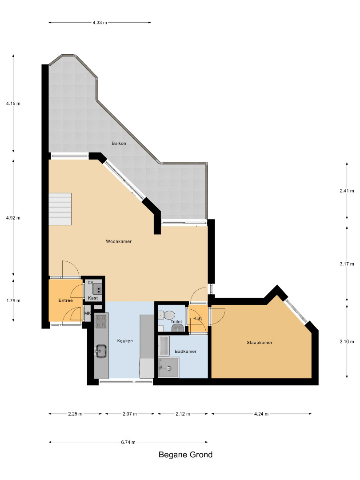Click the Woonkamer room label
[119, 241]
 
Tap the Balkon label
[119, 143]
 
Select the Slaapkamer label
[260, 343]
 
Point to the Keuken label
[125, 341]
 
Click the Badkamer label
[185, 352]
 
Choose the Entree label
[65, 300]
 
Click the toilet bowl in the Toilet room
[167, 315]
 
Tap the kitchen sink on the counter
[101, 351]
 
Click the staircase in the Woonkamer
[60, 209]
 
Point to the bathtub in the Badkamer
[164, 346]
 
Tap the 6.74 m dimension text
[128, 442]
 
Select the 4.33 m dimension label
[100, 22]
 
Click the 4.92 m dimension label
[13, 218]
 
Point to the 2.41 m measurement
[347, 191]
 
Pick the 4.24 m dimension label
[261, 414]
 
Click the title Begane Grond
[185, 455]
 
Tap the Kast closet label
[93, 298]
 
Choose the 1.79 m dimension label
[13, 300]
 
